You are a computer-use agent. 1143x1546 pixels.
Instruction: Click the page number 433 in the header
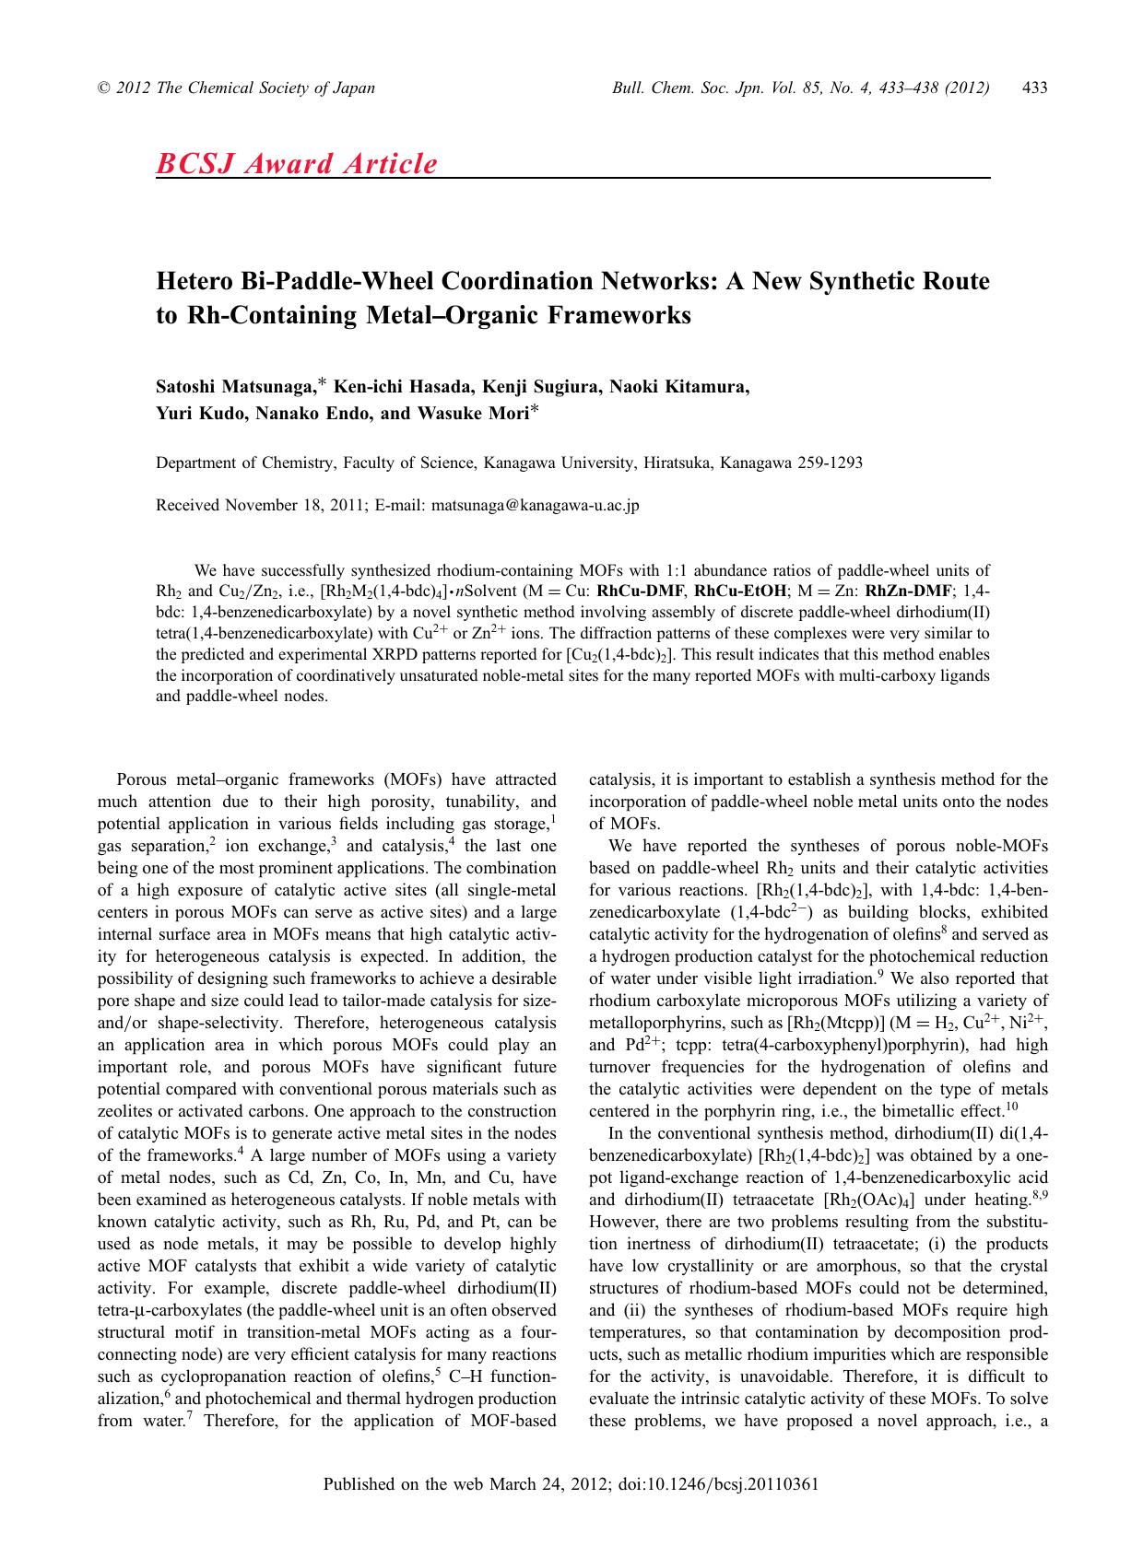(x=1035, y=88)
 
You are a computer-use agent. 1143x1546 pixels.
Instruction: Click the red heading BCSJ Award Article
(x=297, y=163)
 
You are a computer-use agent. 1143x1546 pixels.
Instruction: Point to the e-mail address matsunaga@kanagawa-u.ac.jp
(x=536, y=505)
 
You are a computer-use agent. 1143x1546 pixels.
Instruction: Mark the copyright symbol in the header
(x=102, y=88)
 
